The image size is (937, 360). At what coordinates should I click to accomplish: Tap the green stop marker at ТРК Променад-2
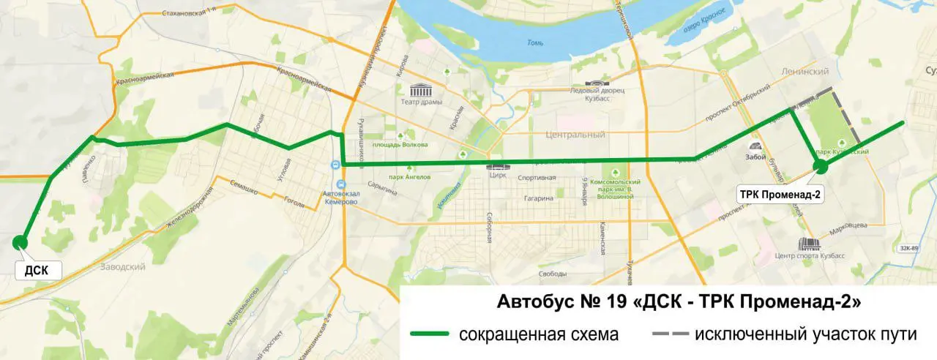pyautogui.click(x=821, y=167)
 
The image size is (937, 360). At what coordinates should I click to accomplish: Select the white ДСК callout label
pyautogui.click(x=37, y=270)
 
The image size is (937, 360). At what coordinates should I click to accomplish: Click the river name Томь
pyautogui.click(x=536, y=42)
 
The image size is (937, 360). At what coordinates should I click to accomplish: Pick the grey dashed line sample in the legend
pyautogui.click(x=670, y=335)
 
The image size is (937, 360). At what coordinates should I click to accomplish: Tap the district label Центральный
pyautogui.click(x=575, y=135)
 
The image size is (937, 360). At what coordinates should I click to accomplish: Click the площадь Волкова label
pyautogui.click(x=399, y=144)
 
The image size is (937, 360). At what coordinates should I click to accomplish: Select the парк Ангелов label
pyautogui.click(x=409, y=177)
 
